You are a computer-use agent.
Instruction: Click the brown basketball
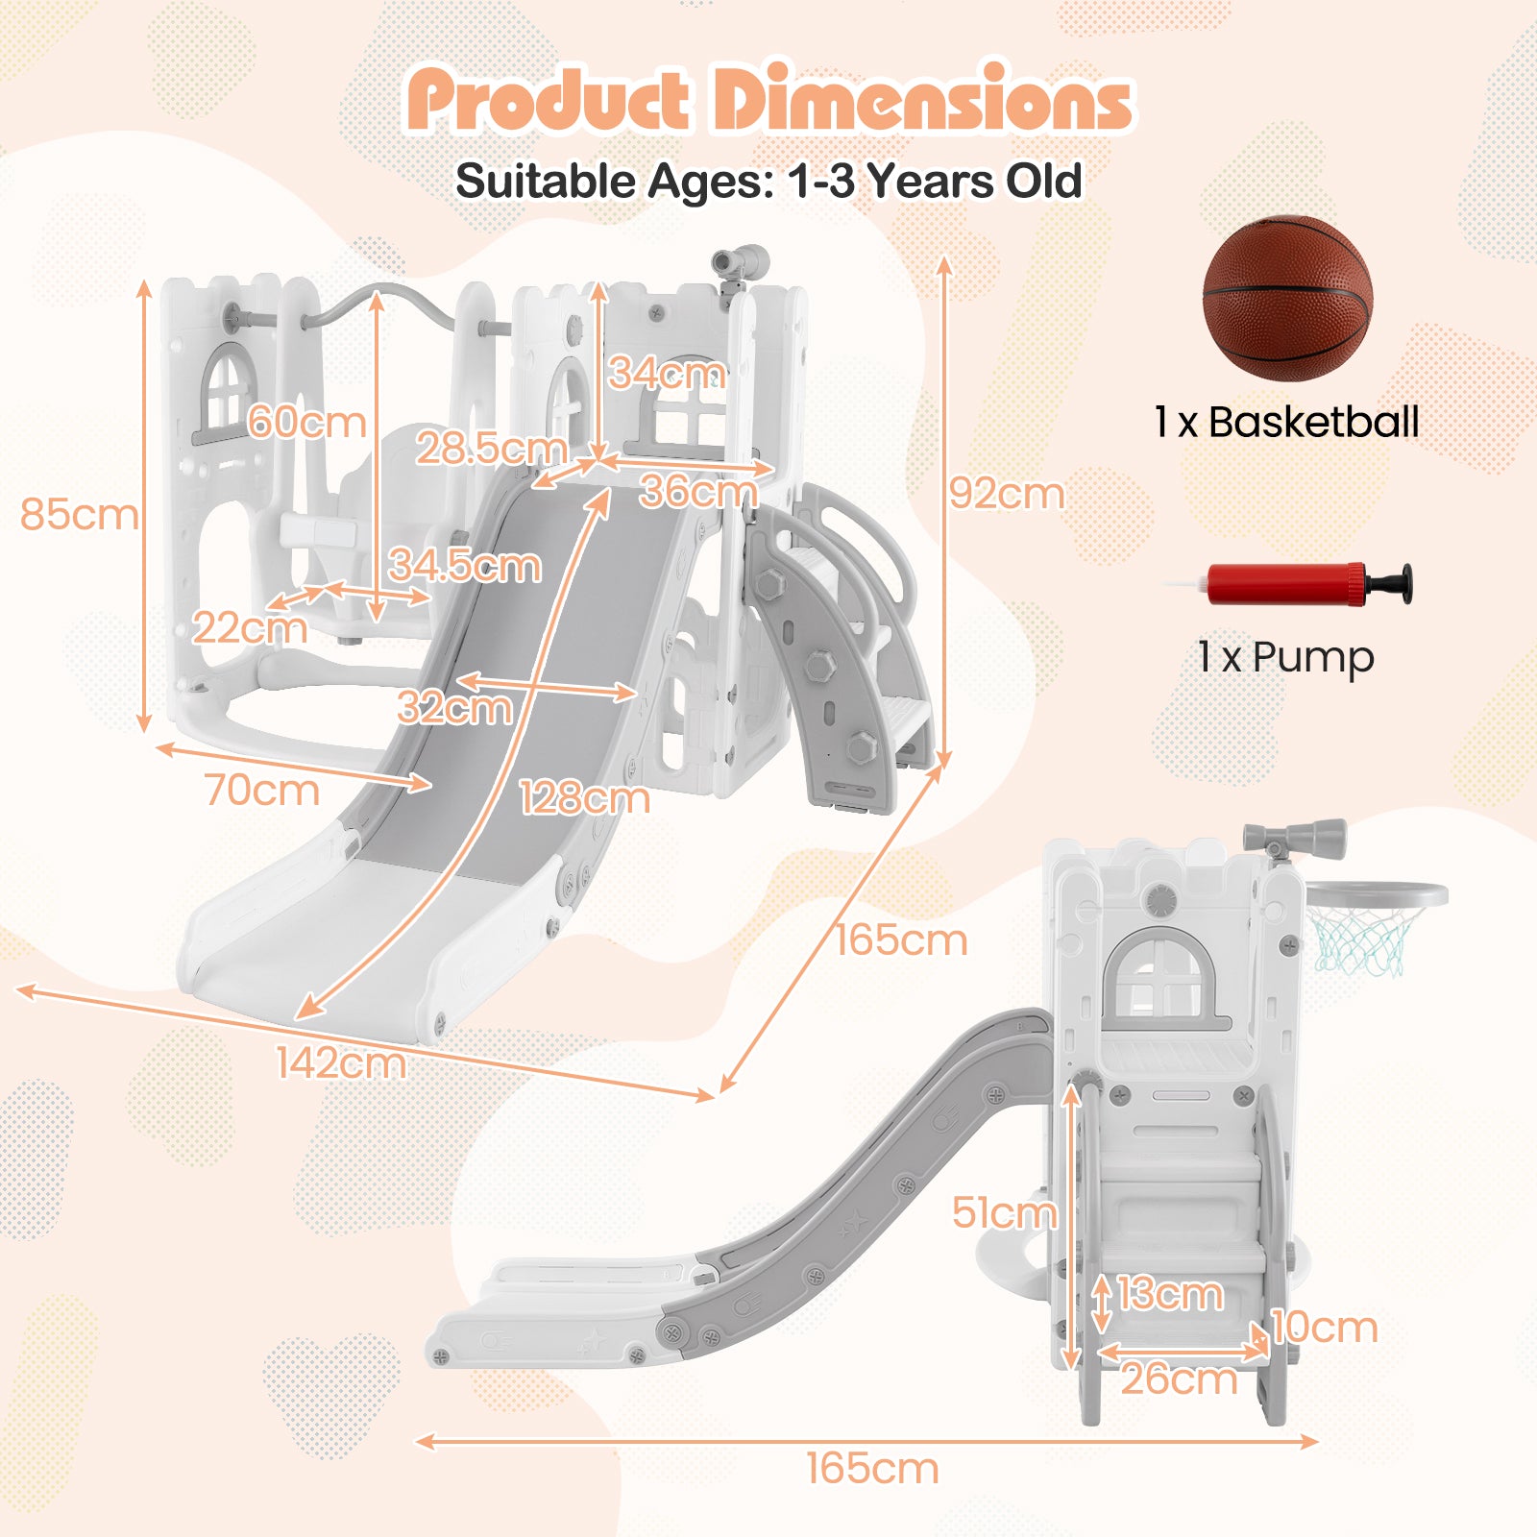click(1287, 299)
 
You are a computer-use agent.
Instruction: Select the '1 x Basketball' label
click(1286, 422)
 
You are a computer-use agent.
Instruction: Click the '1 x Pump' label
click(1285, 657)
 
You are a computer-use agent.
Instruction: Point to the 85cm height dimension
click(79, 514)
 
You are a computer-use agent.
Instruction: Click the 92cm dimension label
click(1007, 494)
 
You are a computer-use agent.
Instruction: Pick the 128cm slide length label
click(584, 797)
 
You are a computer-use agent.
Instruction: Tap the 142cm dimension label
click(340, 1062)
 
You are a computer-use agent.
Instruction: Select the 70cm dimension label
click(261, 790)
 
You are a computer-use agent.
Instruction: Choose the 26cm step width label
click(1179, 1379)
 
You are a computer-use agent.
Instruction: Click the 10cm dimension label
click(1325, 1328)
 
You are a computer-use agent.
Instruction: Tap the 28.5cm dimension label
click(491, 448)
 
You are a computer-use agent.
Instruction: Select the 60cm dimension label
click(306, 422)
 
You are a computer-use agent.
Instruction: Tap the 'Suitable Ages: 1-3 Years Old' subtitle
click(768, 181)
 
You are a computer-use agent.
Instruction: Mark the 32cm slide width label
click(454, 708)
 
